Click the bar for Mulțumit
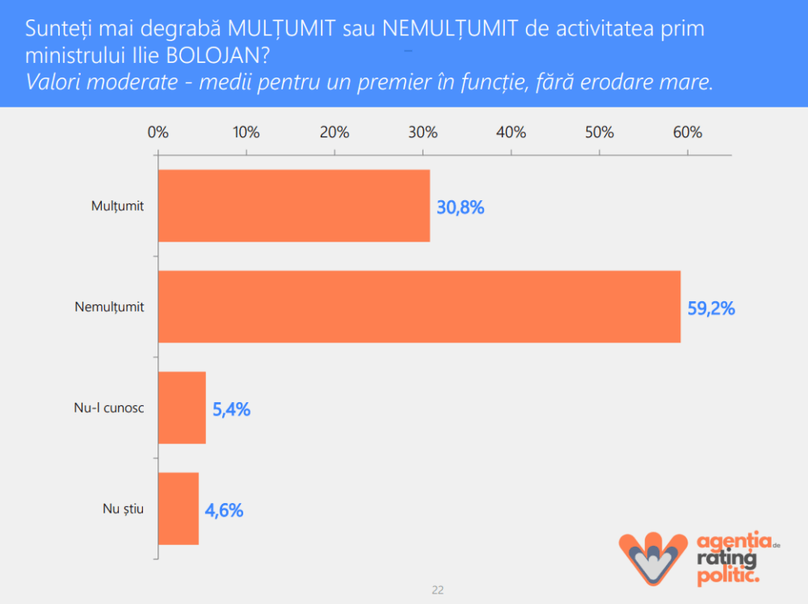point(293,206)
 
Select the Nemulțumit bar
point(419,307)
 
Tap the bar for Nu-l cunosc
point(182,408)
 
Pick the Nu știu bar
point(178,509)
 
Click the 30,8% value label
point(461,208)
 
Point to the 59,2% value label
point(711,308)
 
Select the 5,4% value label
point(231,409)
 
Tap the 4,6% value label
point(224,510)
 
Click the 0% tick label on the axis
point(158,132)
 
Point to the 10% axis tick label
point(246,132)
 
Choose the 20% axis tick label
point(335,132)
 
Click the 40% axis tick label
point(511,132)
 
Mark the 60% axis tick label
point(688,132)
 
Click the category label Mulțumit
point(117,206)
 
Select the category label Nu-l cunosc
point(109,408)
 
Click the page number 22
point(437,590)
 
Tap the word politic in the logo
point(727,577)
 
